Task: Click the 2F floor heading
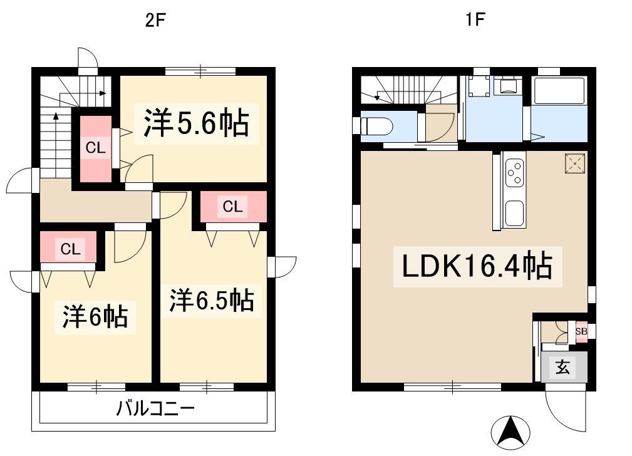[155, 20]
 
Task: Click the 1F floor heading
[475, 19]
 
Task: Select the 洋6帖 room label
[95, 316]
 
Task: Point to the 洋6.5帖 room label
[212, 300]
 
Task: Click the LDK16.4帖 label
[477, 266]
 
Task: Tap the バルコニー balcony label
[155, 408]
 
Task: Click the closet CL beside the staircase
[96, 148]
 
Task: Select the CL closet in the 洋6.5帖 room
[233, 207]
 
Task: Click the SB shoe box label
[581, 331]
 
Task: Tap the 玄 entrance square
[563, 367]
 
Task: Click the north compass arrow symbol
[510, 433]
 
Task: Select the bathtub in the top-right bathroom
[559, 90]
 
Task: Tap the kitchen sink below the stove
[515, 212]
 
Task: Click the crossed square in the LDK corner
[575, 163]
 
